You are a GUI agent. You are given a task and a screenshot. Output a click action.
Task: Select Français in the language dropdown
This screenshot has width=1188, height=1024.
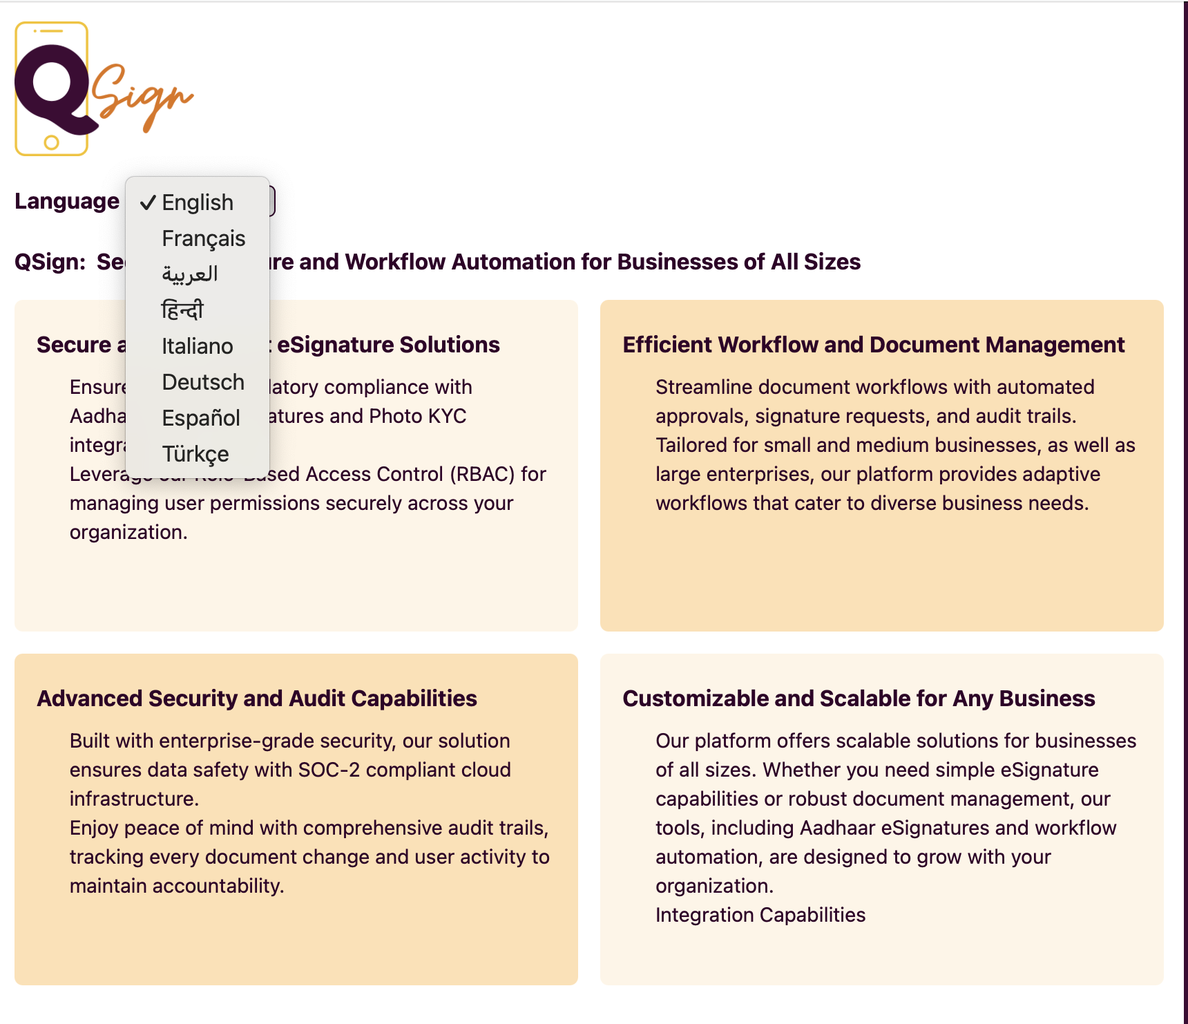point(203,238)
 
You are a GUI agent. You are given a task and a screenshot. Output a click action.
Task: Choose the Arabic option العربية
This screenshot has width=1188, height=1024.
point(190,274)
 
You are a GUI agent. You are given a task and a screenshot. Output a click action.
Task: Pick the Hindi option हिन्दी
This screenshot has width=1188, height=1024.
point(182,310)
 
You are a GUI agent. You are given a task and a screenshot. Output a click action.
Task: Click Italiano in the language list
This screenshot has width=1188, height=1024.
point(197,346)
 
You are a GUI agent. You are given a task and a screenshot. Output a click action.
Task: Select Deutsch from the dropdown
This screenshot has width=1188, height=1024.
point(203,382)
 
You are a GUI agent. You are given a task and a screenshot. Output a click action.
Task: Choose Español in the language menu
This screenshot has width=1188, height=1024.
point(201,418)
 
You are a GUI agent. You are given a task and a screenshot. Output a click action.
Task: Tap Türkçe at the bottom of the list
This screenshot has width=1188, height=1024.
point(195,454)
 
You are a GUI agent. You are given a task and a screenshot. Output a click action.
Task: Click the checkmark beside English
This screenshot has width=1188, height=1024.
point(148,202)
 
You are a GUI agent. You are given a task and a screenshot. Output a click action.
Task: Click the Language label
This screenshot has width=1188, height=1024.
point(67,201)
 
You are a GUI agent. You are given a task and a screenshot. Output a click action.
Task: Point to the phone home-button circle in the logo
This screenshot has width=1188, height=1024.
point(51,143)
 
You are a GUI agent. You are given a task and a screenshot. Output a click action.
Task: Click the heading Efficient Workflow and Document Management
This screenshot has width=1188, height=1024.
point(874,345)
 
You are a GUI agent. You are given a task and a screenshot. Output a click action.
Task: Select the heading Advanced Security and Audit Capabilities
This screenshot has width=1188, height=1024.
point(257,699)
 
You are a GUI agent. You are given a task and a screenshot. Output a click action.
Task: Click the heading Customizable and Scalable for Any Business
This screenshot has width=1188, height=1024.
point(859,699)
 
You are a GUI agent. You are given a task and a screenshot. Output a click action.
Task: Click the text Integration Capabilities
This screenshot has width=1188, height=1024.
point(760,915)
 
